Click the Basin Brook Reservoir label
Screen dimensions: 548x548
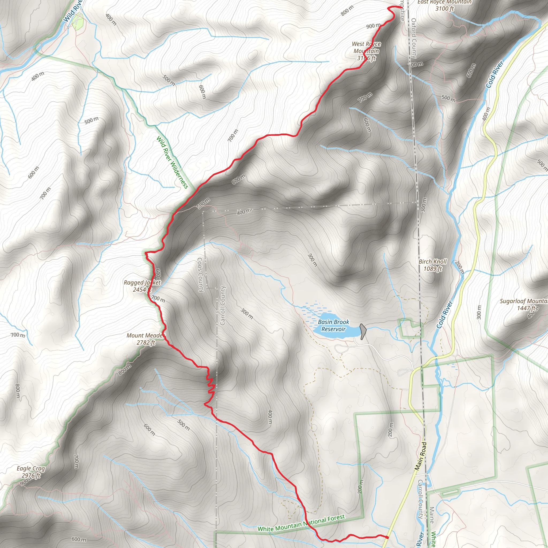(333, 325)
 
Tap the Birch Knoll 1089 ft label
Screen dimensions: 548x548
(433, 265)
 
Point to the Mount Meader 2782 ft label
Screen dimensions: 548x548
(146, 339)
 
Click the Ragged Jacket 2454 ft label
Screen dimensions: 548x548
(142, 286)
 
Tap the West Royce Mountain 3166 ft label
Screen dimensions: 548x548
(366, 51)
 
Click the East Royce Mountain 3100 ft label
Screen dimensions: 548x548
(444, 5)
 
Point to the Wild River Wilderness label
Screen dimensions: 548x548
(172, 162)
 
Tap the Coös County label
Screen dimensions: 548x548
(200, 275)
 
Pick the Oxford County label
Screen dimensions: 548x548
(414, 38)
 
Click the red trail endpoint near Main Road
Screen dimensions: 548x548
(387, 537)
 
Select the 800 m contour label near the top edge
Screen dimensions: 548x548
(347, 11)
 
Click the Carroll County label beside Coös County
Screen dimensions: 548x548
(223, 306)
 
